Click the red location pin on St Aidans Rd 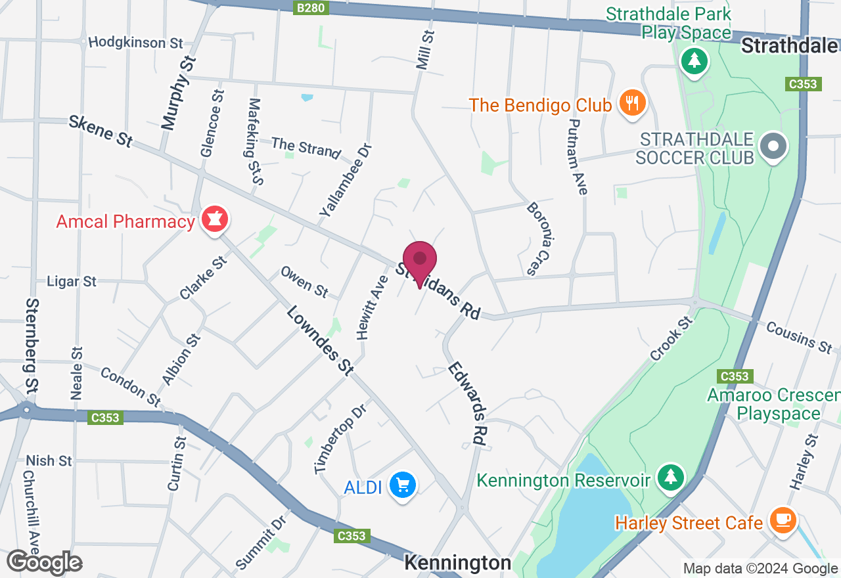tap(420, 260)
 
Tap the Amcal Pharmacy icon tap(214, 219)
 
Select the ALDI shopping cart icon tap(402, 486)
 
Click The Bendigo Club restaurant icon tap(633, 103)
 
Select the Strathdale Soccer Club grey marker tap(773, 146)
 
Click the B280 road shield tap(310, 8)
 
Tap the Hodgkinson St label tap(135, 43)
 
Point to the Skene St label tap(101, 131)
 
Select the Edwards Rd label tap(467, 403)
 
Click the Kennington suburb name tap(457, 563)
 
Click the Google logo tap(44, 562)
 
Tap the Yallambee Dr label tap(346, 181)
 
